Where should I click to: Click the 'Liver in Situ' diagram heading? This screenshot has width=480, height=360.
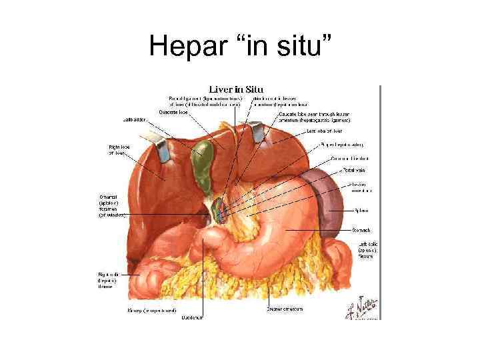[236, 89]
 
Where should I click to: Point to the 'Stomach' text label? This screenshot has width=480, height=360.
[361, 230]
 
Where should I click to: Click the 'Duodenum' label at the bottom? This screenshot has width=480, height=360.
[193, 317]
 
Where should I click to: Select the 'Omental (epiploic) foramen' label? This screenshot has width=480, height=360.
[111, 206]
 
